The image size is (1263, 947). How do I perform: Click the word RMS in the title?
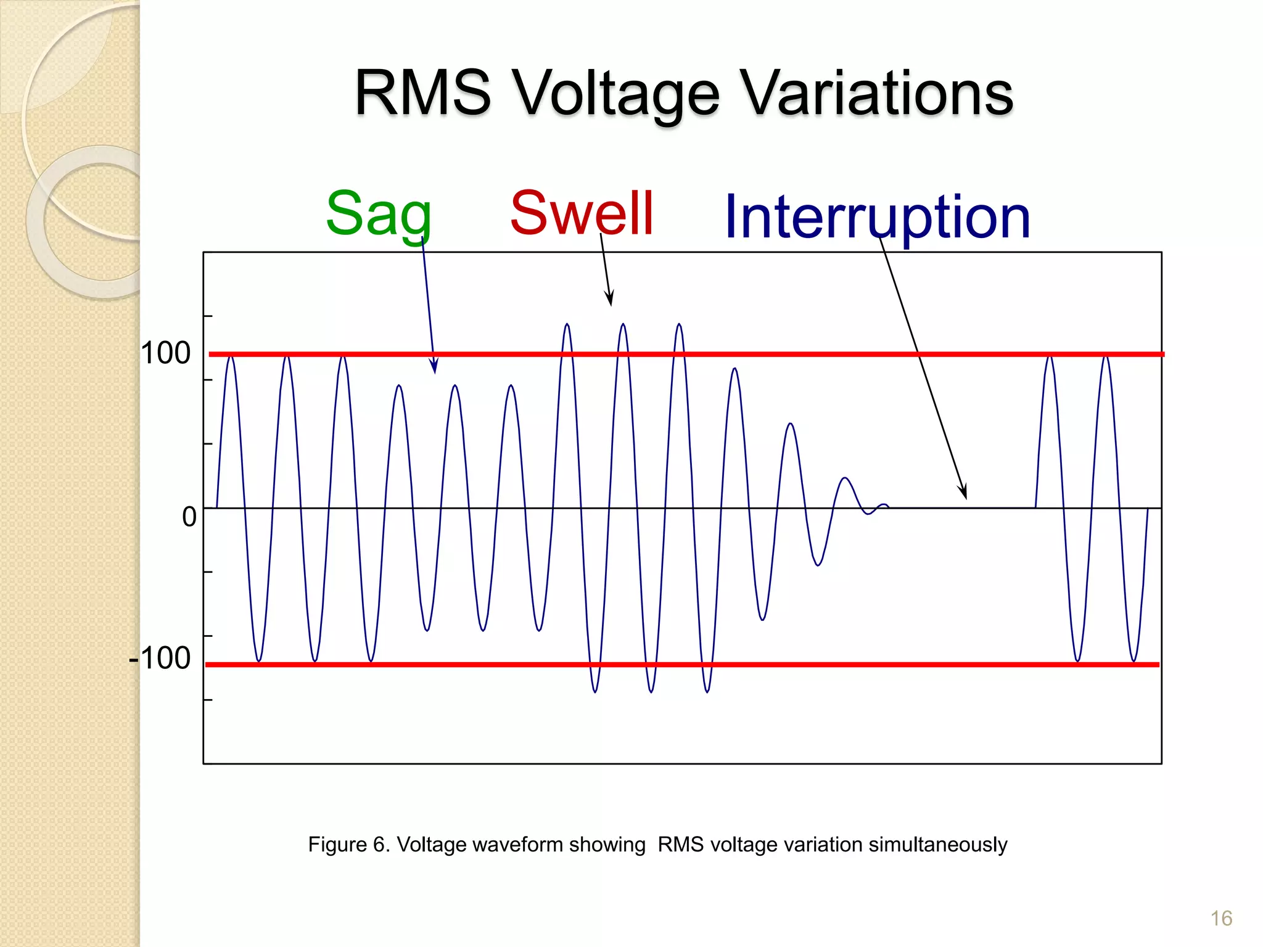(422, 93)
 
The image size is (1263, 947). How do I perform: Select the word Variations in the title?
(876, 93)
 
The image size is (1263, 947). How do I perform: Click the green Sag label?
(378, 213)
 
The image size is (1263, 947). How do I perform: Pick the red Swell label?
(582, 213)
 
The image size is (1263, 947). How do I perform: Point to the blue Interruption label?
(877, 217)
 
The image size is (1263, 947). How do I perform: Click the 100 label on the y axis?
(165, 354)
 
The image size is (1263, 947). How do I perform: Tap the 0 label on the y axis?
(189, 517)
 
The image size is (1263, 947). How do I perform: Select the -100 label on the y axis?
(160, 658)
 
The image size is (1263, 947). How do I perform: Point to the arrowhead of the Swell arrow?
(610, 300)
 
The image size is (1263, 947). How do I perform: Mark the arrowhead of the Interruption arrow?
(963, 493)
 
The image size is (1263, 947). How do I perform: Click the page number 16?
(1221, 919)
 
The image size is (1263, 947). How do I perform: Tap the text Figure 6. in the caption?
(349, 844)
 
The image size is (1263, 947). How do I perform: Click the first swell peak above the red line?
(567, 326)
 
